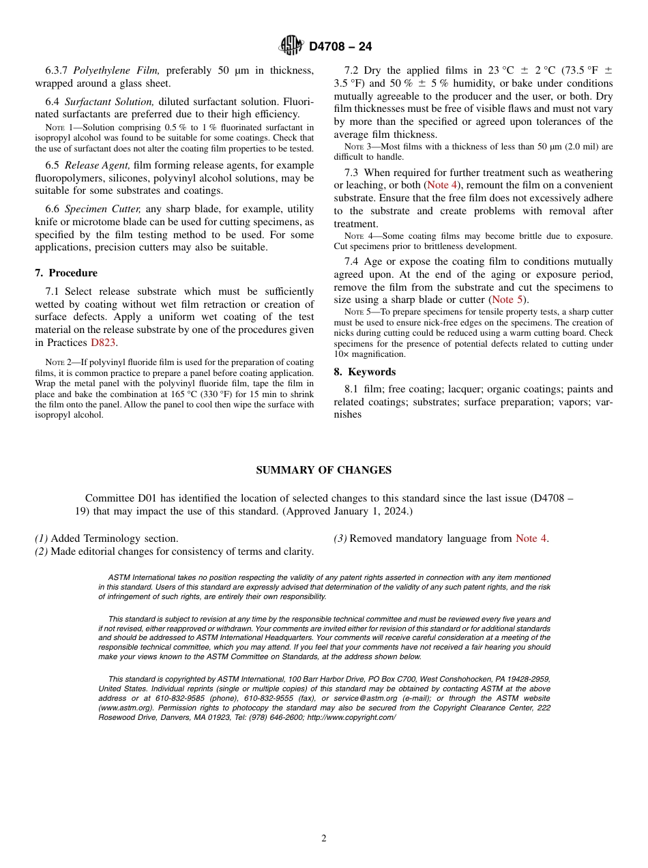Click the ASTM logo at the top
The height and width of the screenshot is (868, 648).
pyautogui.click(x=291, y=46)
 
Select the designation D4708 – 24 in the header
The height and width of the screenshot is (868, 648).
pyautogui.click(x=340, y=46)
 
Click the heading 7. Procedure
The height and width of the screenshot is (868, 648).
pyautogui.click(x=66, y=273)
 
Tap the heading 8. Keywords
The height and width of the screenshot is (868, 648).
pyautogui.click(x=364, y=372)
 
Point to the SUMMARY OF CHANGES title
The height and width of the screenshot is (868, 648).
pyautogui.click(x=323, y=470)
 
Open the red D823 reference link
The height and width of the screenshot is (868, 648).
pyautogui.click(x=104, y=343)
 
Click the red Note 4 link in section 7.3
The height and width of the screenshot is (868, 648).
pyautogui.click(x=442, y=186)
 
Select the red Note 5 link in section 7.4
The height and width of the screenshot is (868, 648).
pyautogui.click(x=508, y=300)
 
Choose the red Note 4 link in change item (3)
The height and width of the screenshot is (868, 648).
pyautogui.click(x=531, y=538)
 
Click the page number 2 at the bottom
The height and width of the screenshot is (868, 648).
pyautogui.click(x=324, y=839)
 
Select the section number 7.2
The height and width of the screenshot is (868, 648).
pyautogui.click(x=352, y=70)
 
